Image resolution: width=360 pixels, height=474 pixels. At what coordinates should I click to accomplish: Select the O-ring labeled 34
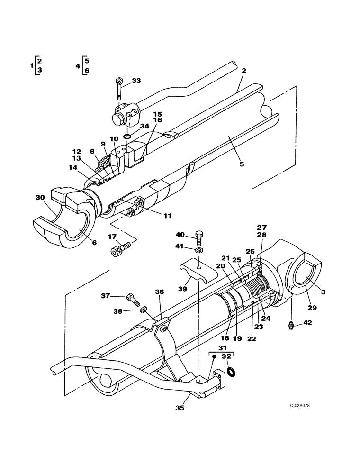[127, 137]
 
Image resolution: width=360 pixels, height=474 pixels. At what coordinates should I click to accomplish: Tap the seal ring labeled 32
[231, 371]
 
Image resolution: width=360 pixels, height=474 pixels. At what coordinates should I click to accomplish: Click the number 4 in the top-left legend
[77, 66]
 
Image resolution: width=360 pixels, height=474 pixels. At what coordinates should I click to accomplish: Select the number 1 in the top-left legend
[31, 66]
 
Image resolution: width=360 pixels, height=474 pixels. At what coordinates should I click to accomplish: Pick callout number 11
[168, 216]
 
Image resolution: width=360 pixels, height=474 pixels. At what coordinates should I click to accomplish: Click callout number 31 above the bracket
[221, 348]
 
